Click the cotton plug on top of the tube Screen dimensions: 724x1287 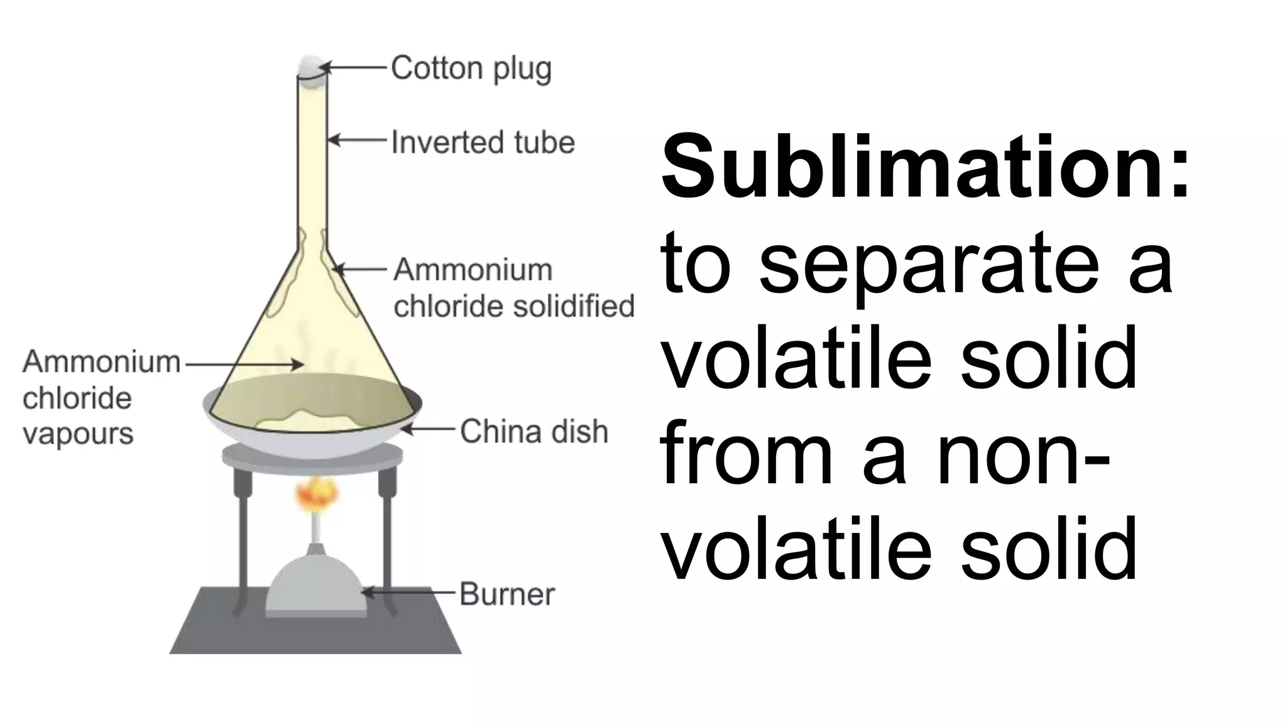(312, 66)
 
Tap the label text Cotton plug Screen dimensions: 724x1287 (471, 68)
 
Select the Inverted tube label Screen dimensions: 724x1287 (483, 142)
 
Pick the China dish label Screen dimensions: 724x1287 (534, 432)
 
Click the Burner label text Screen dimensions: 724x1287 (507, 594)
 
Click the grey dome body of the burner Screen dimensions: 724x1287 (314, 584)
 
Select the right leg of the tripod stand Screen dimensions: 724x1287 (387, 540)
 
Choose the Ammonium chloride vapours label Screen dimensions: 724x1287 (101, 397)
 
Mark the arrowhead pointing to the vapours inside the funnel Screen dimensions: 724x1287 (299, 364)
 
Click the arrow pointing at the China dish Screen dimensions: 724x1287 (427, 431)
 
